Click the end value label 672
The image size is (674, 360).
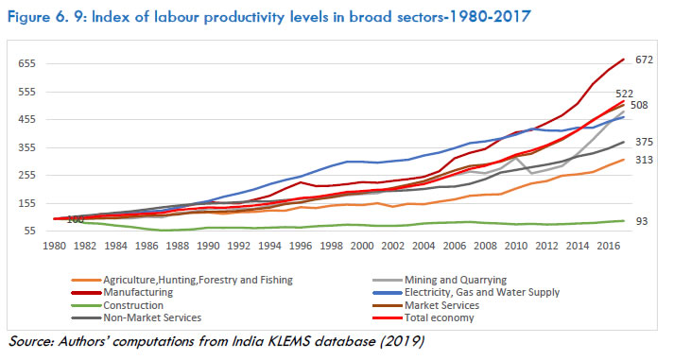click(644, 60)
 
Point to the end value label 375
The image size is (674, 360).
click(644, 142)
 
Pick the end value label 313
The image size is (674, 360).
click(644, 160)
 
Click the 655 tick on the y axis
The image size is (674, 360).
click(26, 63)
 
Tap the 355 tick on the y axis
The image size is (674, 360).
click(26, 147)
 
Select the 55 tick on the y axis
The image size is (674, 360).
click(28, 231)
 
